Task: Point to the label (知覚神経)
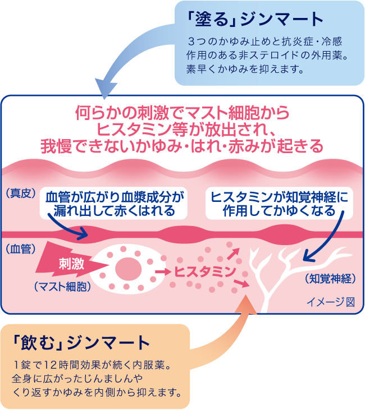point(330,278)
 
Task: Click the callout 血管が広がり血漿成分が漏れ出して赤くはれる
point(115,204)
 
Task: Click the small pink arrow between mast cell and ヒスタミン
point(163,271)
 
